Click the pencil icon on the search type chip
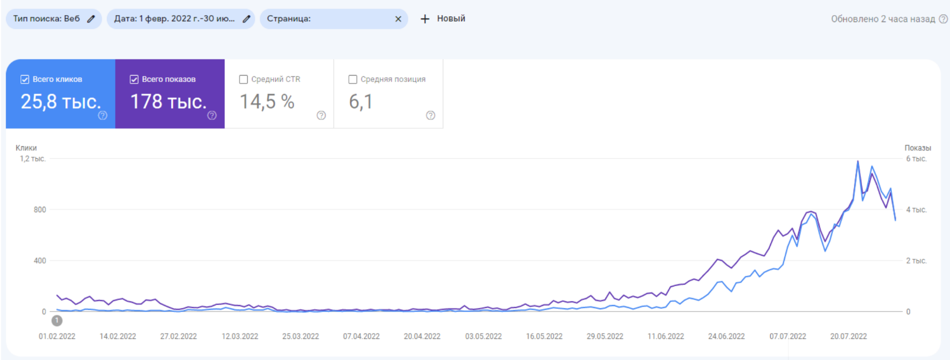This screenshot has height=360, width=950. click(91, 19)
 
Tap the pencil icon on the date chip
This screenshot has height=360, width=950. click(247, 19)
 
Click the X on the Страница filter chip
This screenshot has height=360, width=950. click(398, 19)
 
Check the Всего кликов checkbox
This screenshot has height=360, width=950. click(25, 79)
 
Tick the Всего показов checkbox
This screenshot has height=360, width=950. click(134, 79)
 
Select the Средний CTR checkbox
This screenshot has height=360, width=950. click(243, 79)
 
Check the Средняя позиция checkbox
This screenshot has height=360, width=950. click(353, 79)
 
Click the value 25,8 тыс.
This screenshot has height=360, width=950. click(60, 101)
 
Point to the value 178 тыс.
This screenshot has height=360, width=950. click(168, 101)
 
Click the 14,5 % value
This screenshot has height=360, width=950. click(267, 101)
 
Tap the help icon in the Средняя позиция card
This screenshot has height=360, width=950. click(431, 116)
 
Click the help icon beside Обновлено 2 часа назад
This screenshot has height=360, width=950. click(944, 19)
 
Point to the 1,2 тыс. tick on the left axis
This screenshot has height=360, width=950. click(33, 159)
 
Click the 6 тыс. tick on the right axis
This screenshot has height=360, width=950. click(916, 159)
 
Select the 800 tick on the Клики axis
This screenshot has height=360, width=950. click(40, 209)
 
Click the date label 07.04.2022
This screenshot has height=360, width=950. click(361, 336)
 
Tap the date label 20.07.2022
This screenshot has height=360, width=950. click(848, 336)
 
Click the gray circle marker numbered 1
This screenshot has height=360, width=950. click(57, 321)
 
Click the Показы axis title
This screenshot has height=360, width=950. click(918, 148)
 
